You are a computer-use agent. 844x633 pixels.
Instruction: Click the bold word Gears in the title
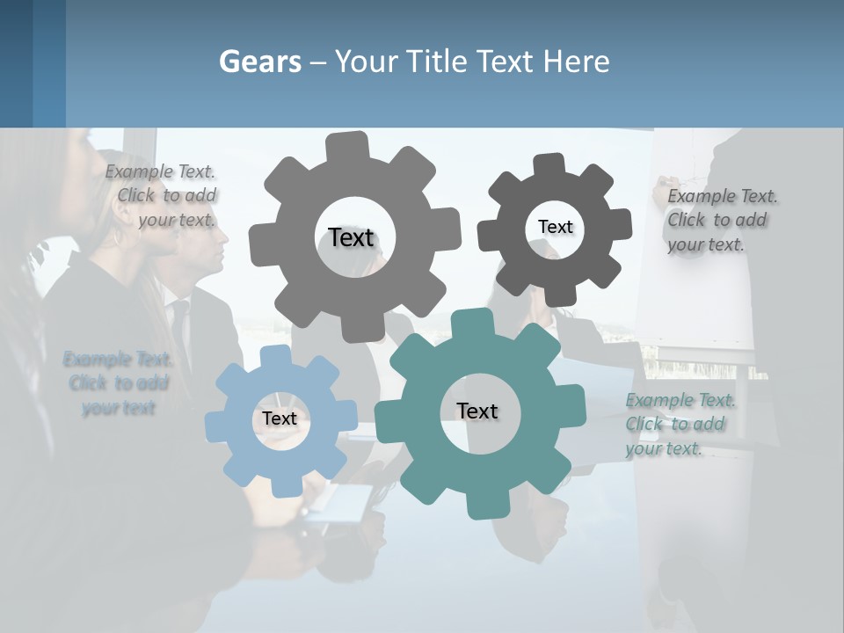click(259, 62)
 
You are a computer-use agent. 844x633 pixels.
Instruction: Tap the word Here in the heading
click(578, 62)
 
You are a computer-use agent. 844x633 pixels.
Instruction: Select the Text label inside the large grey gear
click(351, 237)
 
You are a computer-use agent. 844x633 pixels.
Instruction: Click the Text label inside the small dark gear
click(555, 227)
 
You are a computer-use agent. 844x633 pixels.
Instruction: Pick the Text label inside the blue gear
click(280, 418)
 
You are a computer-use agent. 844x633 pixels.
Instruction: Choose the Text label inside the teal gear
click(477, 411)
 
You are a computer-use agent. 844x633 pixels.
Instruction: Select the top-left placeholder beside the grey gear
click(162, 196)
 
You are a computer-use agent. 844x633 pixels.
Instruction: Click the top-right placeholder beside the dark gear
click(721, 220)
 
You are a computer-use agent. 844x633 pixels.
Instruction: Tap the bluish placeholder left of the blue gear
click(118, 383)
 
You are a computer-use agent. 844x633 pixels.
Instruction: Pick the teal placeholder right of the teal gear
click(679, 425)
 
